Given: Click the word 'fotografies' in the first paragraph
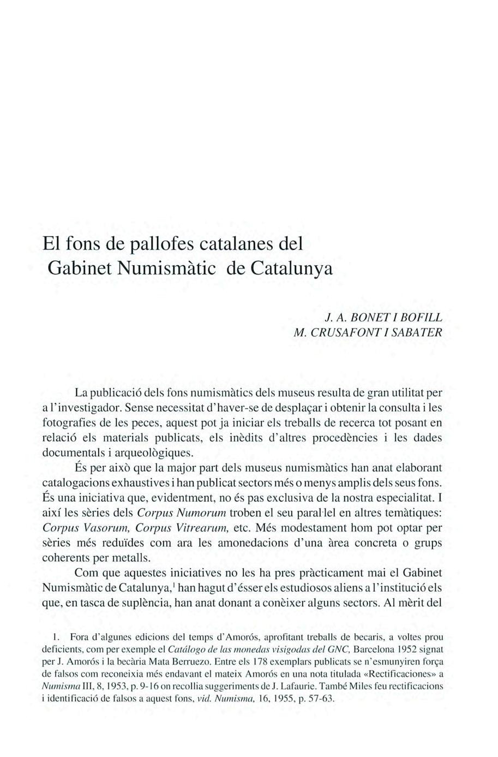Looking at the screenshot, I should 68,422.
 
